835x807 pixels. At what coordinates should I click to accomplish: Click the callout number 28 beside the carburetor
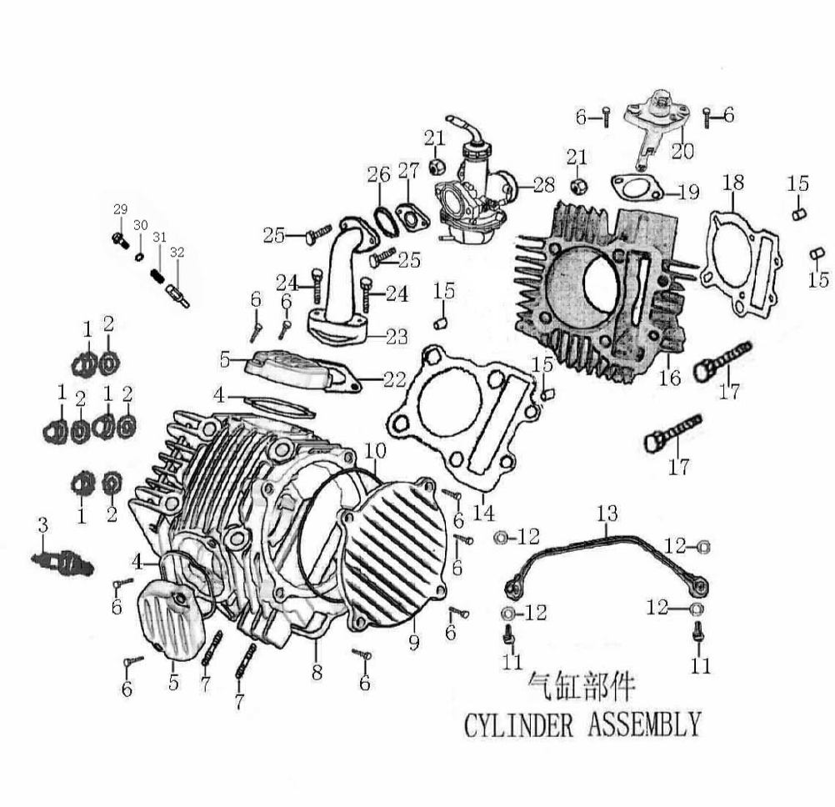[x=544, y=183]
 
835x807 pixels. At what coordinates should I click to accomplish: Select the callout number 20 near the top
[x=682, y=151]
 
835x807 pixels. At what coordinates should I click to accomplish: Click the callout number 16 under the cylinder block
[x=669, y=378]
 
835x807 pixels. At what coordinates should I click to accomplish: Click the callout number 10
[x=376, y=451]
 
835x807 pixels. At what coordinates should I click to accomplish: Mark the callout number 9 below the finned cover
[x=414, y=643]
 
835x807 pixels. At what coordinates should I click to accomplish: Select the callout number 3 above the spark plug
[x=42, y=525]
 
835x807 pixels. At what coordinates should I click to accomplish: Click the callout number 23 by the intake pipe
[x=397, y=337]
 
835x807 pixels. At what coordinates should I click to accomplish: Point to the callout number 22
[x=396, y=379]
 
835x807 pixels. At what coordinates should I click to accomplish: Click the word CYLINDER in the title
[x=518, y=724]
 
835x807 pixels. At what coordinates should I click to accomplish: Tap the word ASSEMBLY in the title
[x=644, y=724]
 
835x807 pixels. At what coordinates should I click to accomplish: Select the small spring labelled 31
[x=157, y=276]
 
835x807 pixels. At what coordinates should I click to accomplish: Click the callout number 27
[x=407, y=172]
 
